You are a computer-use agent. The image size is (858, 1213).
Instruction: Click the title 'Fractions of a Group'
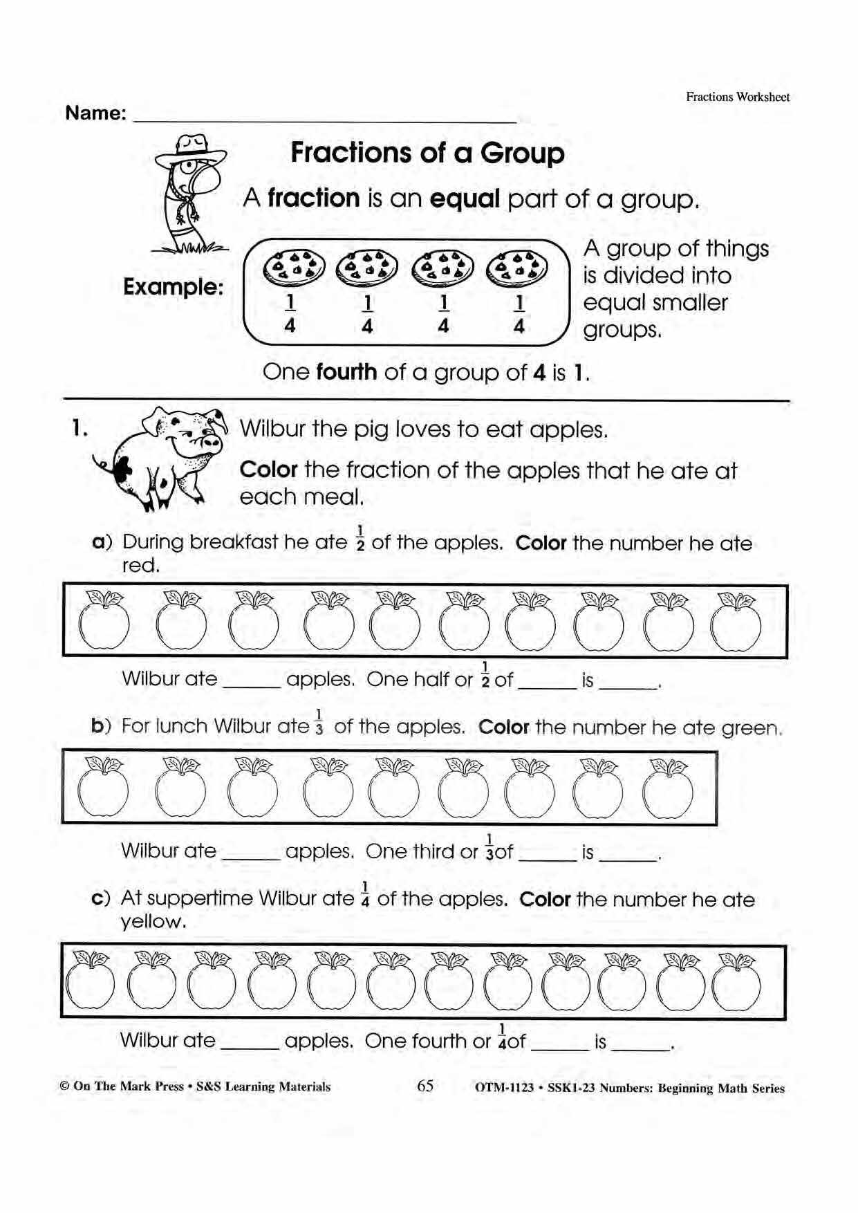click(x=427, y=153)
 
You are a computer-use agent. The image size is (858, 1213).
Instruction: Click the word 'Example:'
click(x=174, y=286)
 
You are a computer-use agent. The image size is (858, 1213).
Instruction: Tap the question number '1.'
click(x=80, y=429)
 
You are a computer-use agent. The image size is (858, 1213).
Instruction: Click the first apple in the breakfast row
click(x=104, y=622)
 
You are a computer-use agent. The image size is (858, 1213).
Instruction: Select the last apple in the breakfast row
click(x=736, y=622)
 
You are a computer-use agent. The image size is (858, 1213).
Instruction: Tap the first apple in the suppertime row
click(x=90, y=982)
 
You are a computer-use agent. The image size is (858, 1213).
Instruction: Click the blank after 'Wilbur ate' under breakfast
click(x=252, y=681)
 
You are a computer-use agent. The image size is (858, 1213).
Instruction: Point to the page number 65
click(x=425, y=1086)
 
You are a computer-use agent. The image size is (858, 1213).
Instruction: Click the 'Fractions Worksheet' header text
click(x=738, y=97)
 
